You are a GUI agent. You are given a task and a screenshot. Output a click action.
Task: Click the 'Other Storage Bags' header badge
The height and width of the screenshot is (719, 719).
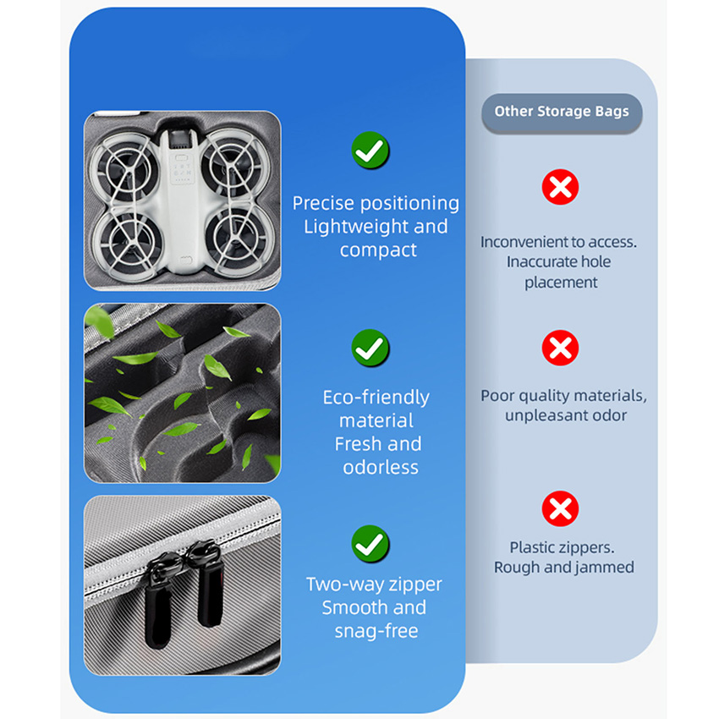(x=562, y=113)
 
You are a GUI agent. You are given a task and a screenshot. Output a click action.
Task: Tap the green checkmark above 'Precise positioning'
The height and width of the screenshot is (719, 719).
(x=370, y=150)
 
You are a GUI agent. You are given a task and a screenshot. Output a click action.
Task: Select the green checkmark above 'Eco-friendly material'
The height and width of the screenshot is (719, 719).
(x=370, y=348)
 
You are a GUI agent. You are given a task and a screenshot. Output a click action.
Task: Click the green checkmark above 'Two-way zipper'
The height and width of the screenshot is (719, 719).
(x=370, y=544)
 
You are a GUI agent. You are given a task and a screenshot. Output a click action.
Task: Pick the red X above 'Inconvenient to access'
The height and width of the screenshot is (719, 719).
(x=560, y=187)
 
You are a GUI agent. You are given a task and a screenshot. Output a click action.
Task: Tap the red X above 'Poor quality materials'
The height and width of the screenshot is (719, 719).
(x=560, y=348)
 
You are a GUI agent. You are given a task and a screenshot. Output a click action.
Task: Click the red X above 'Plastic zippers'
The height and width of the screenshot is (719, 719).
(x=560, y=508)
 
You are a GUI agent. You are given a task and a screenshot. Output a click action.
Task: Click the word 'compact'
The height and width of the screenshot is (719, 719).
(x=378, y=250)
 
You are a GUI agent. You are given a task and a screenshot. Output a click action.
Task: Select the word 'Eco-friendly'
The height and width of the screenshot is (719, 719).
(x=376, y=398)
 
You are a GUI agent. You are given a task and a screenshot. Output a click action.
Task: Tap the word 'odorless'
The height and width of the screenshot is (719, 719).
(x=381, y=467)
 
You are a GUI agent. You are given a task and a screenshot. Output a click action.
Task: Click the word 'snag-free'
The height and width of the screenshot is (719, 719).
(x=376, y=631)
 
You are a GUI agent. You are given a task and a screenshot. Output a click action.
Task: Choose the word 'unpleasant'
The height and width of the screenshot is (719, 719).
(x=538, y=416)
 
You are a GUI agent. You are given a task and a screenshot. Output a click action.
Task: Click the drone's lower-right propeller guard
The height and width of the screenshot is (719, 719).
(x=237, y=241)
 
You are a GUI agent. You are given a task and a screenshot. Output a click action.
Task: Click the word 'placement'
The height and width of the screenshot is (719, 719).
(x=561, y=283)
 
